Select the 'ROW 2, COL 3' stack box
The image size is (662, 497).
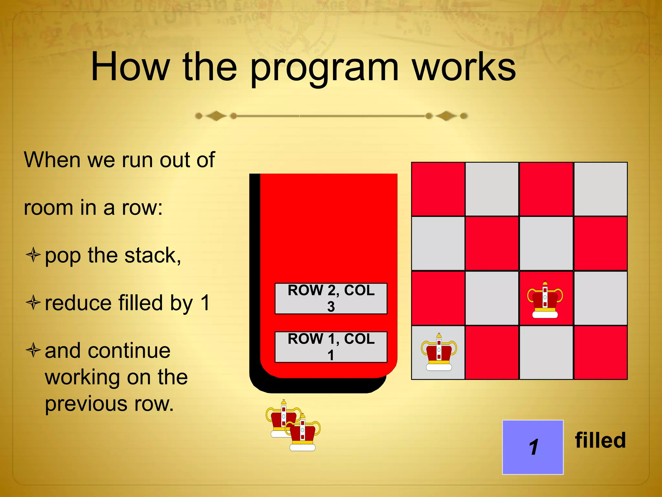[x=331, y=298]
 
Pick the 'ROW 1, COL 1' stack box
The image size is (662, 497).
[x=331, y=347]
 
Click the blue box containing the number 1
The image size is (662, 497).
[x=533, y=447]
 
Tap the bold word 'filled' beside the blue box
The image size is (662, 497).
[x=600, y=440]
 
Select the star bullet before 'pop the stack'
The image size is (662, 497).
[x=33, y=255]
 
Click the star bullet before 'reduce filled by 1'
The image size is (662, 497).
[x=33, y=303]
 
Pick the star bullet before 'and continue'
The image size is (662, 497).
[x=33, y=350]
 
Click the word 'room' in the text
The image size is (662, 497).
[x=48, y=208]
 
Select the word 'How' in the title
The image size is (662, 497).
[x=130, y=67]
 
